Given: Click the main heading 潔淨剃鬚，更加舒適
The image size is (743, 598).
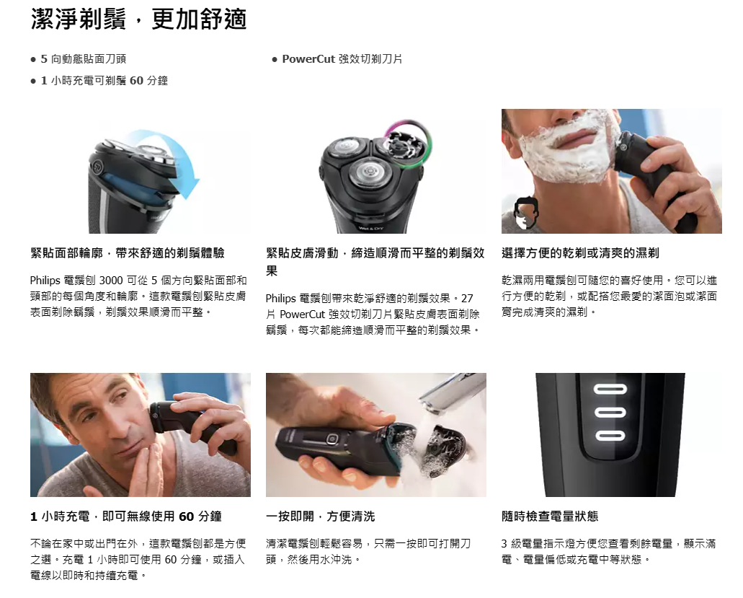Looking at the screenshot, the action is click(139, 19).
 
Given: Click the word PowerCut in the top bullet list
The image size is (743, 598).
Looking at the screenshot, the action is click(308, 59).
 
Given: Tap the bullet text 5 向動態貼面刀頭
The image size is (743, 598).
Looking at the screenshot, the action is click(84, 59).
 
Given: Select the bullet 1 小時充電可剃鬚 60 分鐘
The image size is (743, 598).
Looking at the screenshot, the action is click(104, 81).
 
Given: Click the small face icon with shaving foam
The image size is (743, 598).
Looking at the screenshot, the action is click(527, 214).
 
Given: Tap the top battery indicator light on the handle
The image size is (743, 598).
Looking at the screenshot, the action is click(610, 390).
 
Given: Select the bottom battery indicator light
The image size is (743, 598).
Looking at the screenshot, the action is click(610, 436).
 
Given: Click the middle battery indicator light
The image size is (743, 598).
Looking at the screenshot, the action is click(610, 413).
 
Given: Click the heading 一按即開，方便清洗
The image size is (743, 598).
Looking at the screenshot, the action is click(320, 516).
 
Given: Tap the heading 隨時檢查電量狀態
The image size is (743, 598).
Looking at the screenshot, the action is click(550, 516).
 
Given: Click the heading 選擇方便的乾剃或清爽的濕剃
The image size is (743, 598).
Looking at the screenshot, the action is click(580, 252).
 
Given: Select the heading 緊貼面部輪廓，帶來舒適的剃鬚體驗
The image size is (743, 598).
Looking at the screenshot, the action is click(128, 252).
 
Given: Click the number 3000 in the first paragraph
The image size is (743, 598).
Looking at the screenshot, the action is click(111, 281).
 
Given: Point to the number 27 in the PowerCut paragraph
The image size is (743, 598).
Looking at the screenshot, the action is click(467, 299).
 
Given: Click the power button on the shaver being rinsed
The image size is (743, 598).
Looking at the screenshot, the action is click(332, 439).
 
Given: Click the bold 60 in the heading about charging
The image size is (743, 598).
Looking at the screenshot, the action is click(186, 516).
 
